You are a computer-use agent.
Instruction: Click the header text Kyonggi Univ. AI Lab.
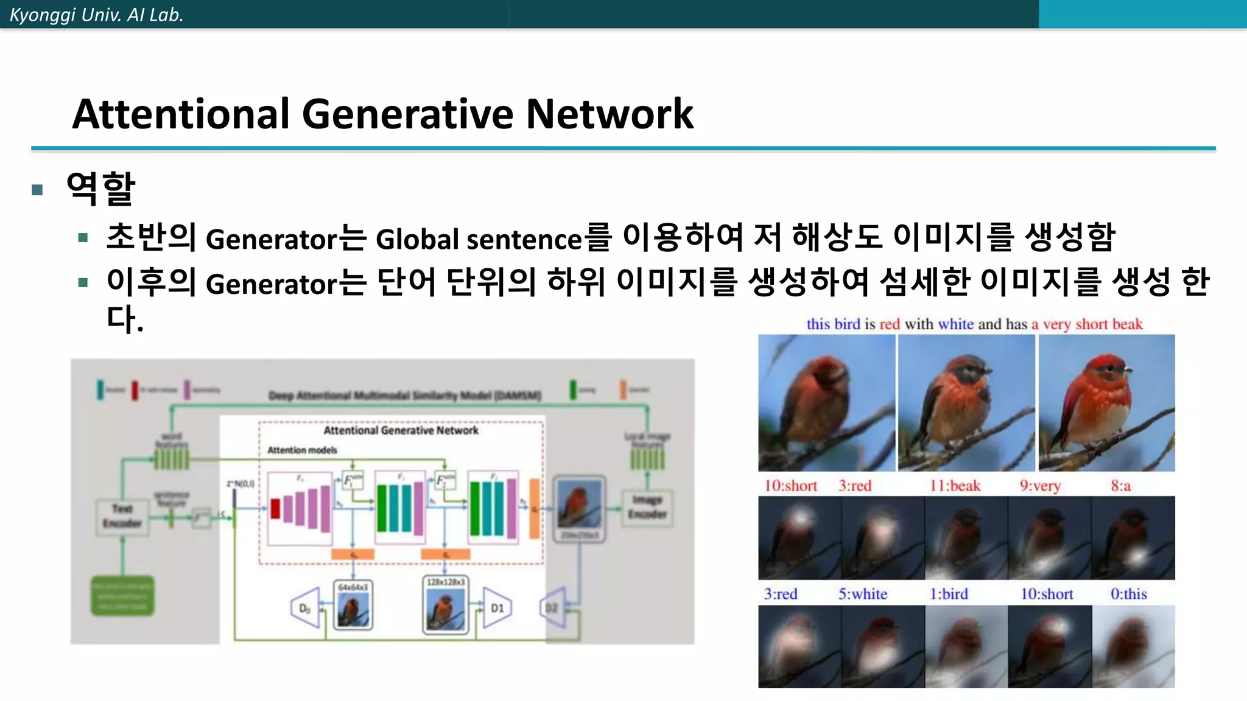96,15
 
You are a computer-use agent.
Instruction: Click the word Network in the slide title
609,114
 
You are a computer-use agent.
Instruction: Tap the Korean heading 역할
100,189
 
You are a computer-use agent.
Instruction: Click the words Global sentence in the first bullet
479,239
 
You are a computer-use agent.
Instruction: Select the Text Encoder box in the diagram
122,516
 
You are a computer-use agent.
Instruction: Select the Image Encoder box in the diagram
647,507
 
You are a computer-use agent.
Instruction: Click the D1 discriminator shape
496,607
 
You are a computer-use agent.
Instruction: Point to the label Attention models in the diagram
302,450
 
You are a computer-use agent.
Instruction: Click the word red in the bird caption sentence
889,324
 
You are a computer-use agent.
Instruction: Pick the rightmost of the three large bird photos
1106,403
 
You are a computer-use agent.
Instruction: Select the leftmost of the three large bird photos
826,403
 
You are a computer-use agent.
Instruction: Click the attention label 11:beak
955,486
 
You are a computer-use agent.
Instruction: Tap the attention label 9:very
1040,486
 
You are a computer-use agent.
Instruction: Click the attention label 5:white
863,594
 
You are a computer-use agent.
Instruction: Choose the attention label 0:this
1128,594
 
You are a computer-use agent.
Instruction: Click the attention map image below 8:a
1133,538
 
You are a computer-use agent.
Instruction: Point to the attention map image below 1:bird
966,646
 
